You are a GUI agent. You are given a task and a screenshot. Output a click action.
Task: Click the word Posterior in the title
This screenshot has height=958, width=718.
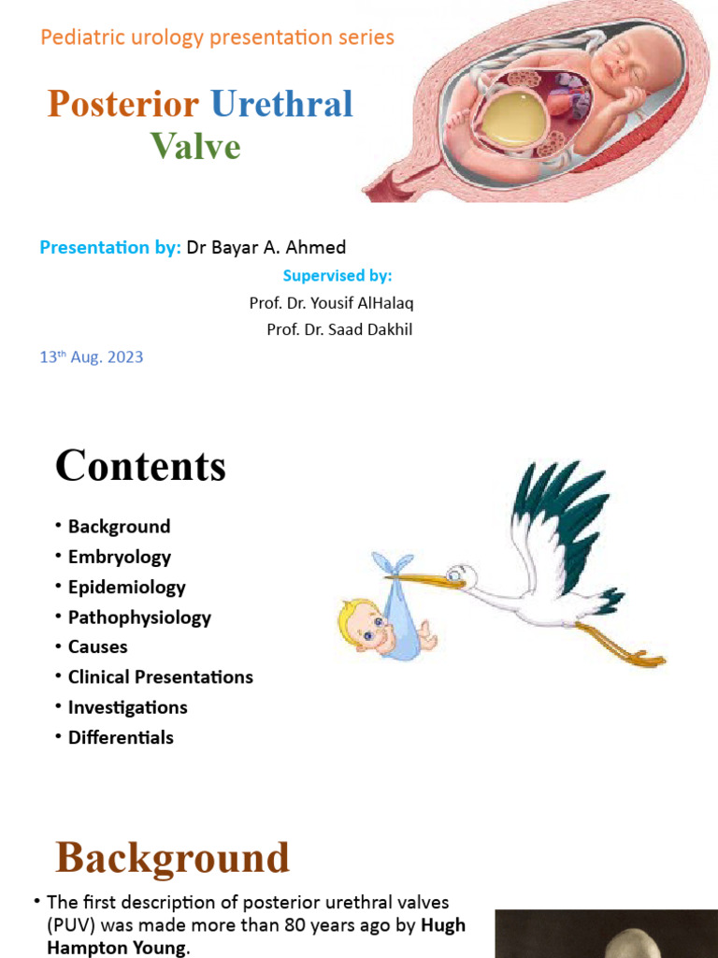click(x=122, y=104)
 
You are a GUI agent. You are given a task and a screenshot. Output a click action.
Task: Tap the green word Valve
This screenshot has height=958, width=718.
click(x=195, y=146)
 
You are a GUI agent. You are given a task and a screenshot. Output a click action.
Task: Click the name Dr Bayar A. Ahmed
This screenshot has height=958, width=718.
click(x=266, y=248)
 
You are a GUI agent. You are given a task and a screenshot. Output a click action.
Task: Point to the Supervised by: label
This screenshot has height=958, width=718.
click(x=337, y=276)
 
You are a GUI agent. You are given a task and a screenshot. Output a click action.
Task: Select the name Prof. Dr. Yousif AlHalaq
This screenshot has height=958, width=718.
click(x=331, y=303)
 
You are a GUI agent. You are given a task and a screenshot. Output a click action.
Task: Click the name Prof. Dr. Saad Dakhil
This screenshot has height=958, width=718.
click(x=339, y=329)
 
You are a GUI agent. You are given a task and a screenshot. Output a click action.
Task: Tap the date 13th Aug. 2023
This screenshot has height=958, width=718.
click(x=92, y=357)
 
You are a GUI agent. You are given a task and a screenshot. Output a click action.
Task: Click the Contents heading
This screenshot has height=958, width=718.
click(x=140, y=466)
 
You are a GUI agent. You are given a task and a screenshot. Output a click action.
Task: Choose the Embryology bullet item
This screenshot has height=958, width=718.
click(x=119, y=557)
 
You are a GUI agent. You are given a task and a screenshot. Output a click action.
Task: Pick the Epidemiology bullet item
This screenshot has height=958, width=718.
click(x=126, y=587)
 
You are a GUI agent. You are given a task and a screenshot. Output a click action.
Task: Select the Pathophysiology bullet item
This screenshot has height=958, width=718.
click(x=139, y=617)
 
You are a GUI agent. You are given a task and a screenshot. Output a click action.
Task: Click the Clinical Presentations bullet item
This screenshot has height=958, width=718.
click(x=160, y=677)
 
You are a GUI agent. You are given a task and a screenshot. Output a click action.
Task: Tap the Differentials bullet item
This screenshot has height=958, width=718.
click(x=121, y=737)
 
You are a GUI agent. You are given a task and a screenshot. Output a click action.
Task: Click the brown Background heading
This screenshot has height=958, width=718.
click(x=173, y=858)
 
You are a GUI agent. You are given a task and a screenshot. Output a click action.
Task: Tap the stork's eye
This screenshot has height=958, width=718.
click(x=455, y=572)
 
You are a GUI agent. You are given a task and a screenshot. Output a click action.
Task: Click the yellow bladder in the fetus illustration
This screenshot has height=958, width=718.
click(x=511, y=120)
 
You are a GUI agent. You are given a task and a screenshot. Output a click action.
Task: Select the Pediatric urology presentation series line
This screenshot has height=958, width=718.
click(x=217, y=37)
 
